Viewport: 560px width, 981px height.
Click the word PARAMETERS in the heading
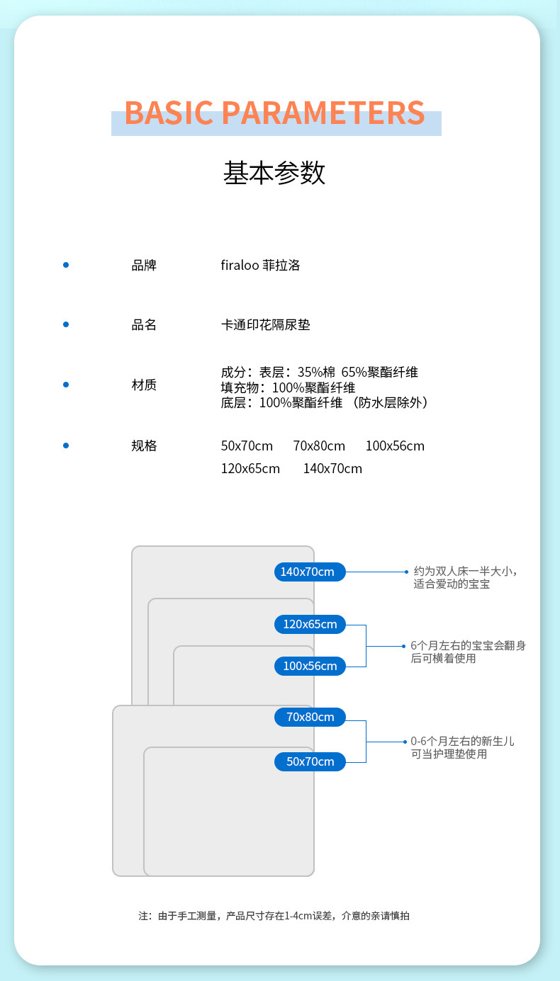point(323,113)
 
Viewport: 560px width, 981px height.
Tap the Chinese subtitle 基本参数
point(274,173)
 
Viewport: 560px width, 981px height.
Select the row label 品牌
point(144,266)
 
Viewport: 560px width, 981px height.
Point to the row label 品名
point(144,325)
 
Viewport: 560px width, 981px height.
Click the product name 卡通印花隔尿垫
point(266,325)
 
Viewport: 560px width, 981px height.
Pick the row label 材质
point(144,385)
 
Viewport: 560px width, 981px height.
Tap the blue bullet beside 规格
point(66,446)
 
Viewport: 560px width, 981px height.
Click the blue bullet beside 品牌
point(66,265)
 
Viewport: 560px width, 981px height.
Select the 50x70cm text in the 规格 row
point(247,446)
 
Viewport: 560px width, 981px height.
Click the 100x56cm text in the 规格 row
point(395,446)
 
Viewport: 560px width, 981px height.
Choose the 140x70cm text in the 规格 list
point(332,469)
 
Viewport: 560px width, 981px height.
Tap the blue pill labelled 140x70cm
point(310,572)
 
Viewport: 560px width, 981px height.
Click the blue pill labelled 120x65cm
point(310,624)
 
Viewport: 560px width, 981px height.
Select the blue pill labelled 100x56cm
point(310,666)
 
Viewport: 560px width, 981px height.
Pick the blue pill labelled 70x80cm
point(310,717)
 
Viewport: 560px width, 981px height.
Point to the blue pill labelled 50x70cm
point(310,761)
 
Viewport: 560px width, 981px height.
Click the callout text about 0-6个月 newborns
point(462,747)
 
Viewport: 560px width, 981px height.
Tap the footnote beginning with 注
point(274,916)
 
